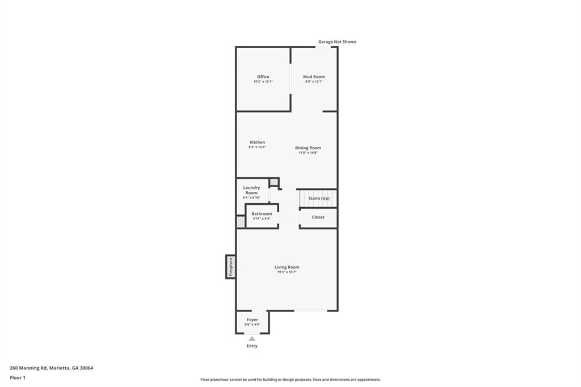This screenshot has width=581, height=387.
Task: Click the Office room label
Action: [263, 77]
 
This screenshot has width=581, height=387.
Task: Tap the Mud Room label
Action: [314, 77]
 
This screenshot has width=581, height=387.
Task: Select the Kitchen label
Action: [257, 142]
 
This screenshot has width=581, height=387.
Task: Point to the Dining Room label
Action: [308, 148]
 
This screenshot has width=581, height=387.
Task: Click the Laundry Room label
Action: [251, 190]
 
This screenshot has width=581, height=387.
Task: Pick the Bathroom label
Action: [262, 214]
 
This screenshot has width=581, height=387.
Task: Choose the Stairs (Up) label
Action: [319, 198]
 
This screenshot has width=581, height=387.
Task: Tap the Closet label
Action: [318, 217]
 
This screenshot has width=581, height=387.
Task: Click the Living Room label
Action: [287, 267]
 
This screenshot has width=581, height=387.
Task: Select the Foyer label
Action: [252, 319]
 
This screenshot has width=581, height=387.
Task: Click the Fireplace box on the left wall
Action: [230, 267]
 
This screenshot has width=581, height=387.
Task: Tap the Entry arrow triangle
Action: [252, 339]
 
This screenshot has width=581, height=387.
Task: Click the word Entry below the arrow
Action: [252, 346]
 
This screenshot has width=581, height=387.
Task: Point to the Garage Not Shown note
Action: [337, 42]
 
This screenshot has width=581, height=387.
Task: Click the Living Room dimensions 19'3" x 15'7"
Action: [287, 272]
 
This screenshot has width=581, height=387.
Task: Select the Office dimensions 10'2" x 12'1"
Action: [263, 82]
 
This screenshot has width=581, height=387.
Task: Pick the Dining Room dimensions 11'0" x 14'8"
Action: [308, 153]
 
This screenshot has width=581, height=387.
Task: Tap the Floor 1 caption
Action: [18, 378]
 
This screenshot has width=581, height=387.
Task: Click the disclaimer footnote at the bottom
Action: [290, 380]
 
